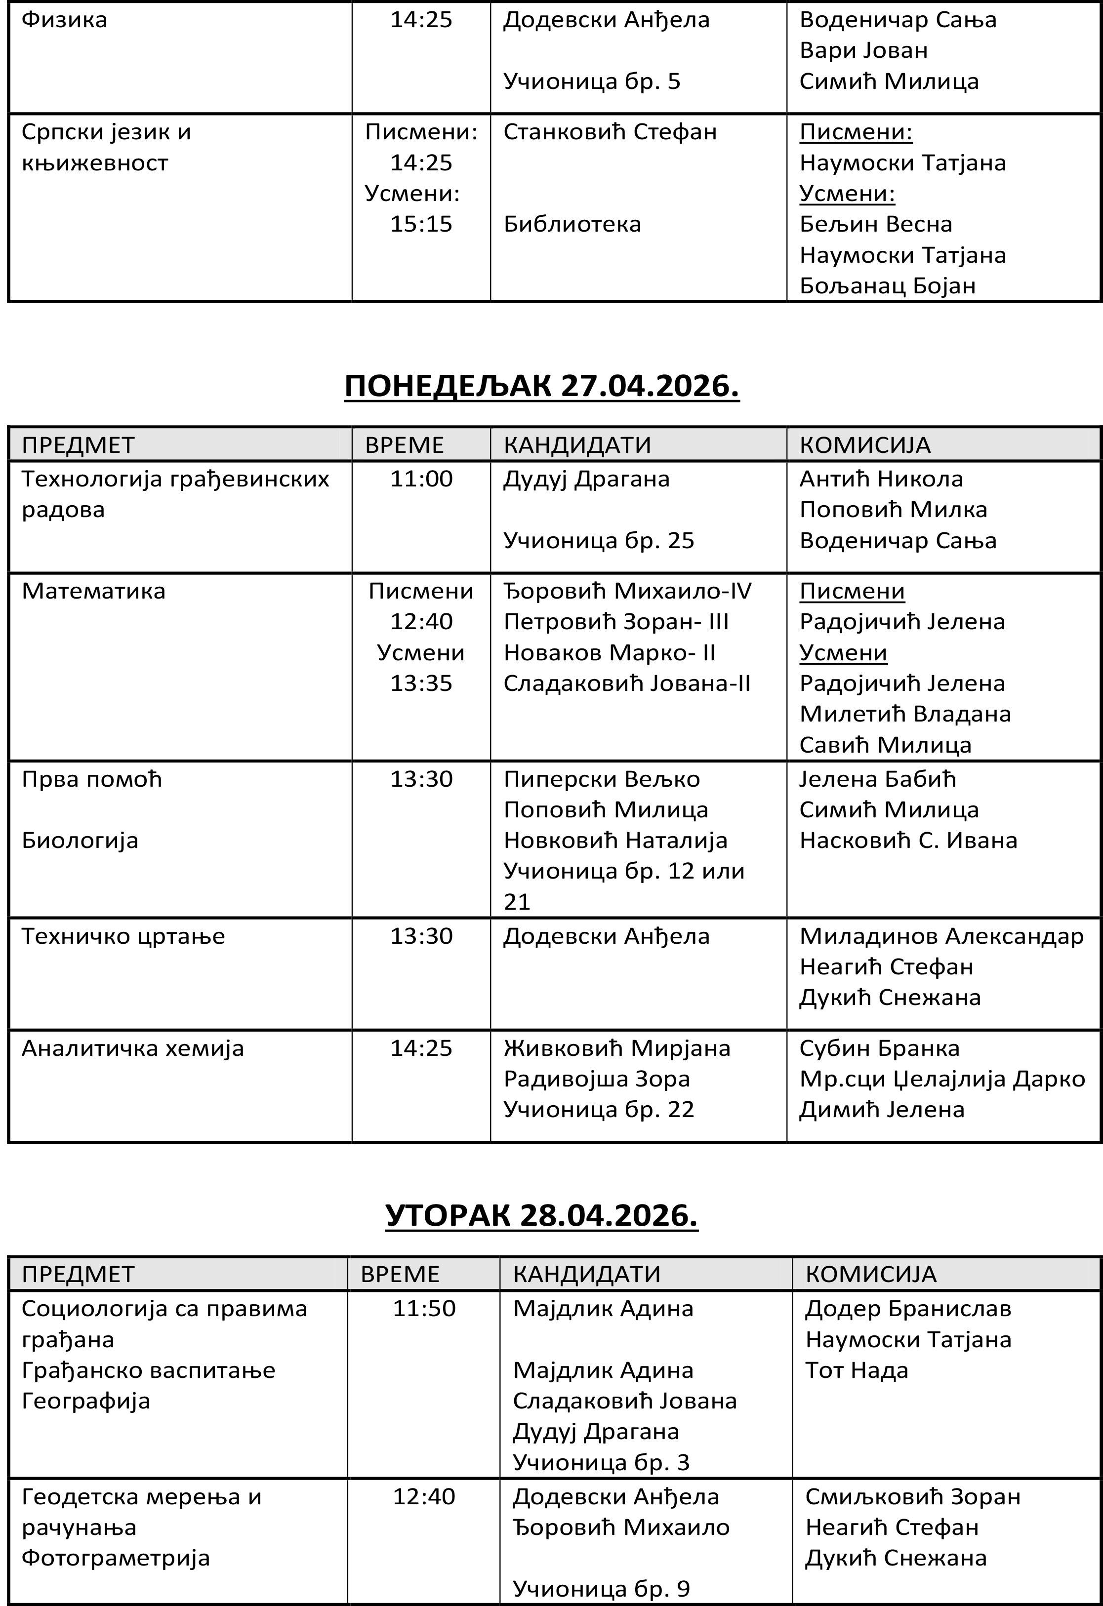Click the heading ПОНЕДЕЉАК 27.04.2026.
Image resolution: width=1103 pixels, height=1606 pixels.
pos(542,386)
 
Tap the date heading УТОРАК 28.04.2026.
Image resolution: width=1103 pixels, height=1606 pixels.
pos(542,1215)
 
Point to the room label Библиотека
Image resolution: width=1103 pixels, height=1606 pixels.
pos(572,224)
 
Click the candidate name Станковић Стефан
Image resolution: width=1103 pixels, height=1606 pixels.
pos(610,132)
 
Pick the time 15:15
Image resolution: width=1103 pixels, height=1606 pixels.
pos(421,224)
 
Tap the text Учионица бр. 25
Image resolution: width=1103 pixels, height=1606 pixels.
pos(599,540)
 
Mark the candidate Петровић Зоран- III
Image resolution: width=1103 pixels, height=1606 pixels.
pos(616,622)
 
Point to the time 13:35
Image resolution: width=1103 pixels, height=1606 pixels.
pos(421,683)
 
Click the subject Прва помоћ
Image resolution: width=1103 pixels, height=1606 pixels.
pos(91,779)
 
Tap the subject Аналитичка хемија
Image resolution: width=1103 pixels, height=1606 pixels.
pos(133,1048)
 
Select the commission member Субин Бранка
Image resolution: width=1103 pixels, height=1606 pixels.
pos(879,1048)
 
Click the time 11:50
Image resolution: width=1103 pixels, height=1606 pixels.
pos(424,1308)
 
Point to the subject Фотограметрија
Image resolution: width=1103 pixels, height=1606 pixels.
pos(116,1558)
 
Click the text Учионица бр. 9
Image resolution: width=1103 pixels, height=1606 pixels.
pos(601,1589)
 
